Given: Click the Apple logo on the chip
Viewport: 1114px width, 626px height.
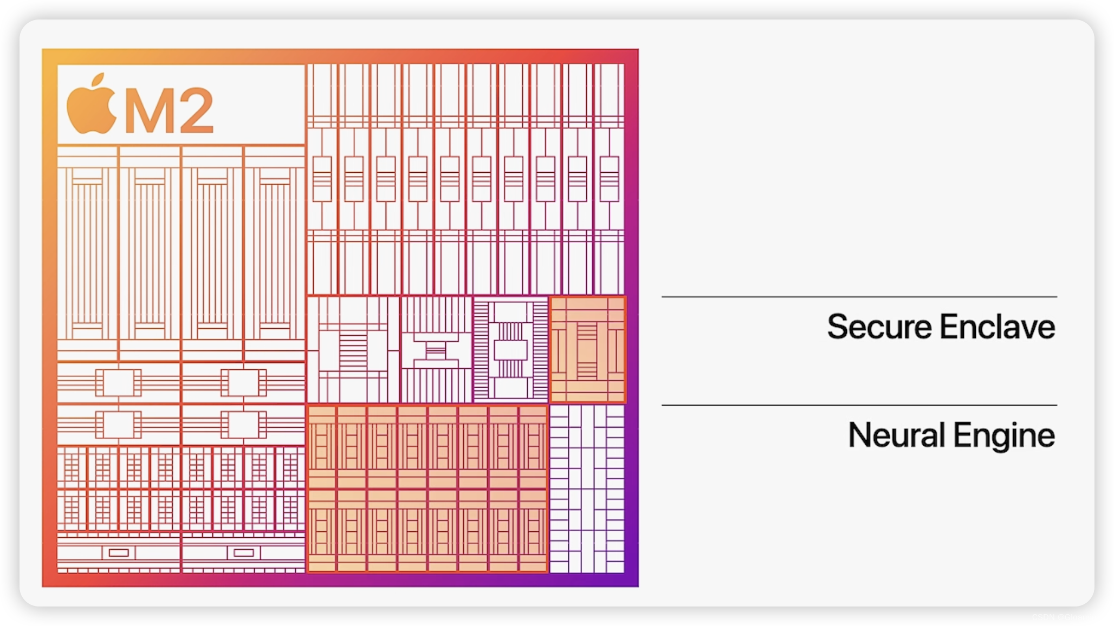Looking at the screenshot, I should [x=91, y=107].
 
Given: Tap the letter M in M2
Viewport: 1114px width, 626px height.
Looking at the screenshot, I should [x=146, y=110].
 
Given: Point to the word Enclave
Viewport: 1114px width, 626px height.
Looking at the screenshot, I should [x=998, y=327].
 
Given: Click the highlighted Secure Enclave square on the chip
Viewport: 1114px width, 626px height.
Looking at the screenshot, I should [x=587, y=350].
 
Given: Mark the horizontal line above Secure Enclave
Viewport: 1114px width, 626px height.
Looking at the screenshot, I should [x=859, y=297].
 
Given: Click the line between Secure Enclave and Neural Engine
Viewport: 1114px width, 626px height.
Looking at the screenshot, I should [x=859, y=405].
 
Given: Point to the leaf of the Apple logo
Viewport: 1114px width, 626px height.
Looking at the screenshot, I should [x=98, y=80].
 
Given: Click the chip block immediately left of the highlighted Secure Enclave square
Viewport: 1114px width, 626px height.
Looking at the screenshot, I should [x=511, y=350].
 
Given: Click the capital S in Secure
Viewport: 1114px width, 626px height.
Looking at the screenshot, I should [x=837, y=327].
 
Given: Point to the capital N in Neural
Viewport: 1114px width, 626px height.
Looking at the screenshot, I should [x=860, y=435].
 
